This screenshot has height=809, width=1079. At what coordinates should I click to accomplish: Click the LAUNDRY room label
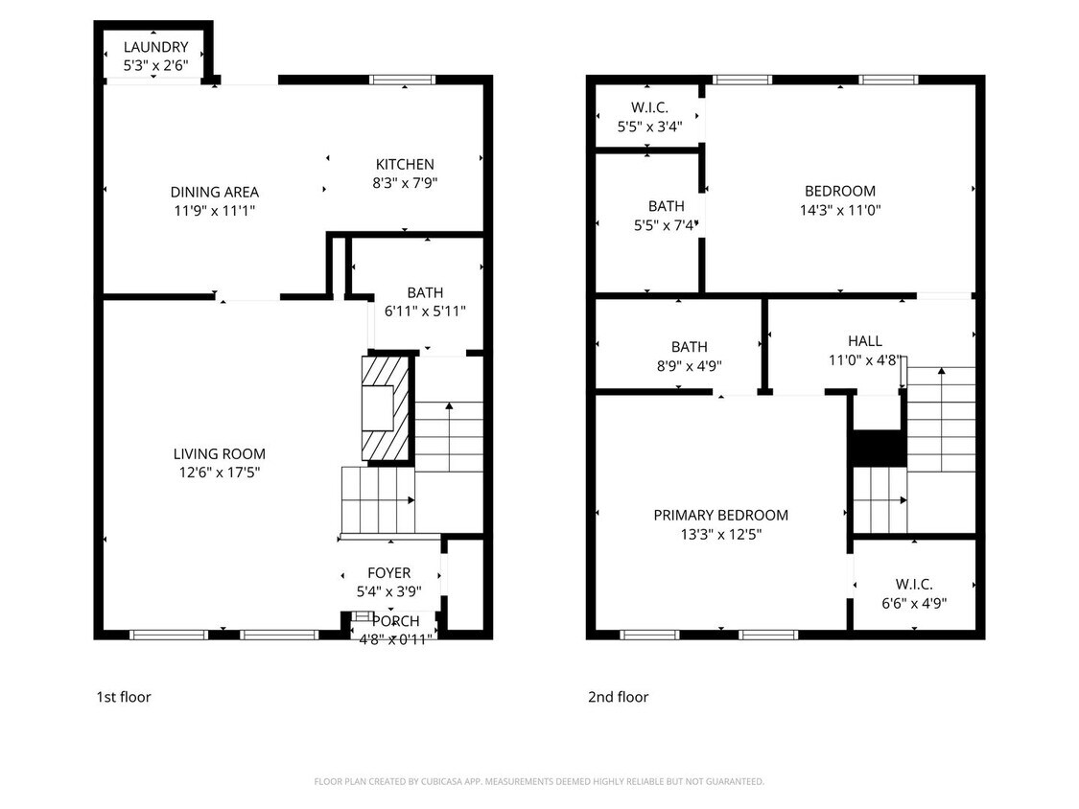click(155, 47)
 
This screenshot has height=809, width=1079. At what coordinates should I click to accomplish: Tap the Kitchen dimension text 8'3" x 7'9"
click(405, 182)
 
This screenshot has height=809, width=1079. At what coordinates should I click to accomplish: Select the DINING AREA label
click(214, 192)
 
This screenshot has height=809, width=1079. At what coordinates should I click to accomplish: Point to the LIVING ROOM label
click(219, 453)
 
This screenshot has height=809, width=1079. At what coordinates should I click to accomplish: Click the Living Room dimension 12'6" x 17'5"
click(219, 472)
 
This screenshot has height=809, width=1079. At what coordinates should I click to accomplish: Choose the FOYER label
click(388, 573)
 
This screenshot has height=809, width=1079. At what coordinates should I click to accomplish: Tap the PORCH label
click(395, 621)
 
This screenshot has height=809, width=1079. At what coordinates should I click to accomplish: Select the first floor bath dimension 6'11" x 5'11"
click(425, 311)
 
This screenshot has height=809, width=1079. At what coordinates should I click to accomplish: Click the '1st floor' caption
click(123, 697)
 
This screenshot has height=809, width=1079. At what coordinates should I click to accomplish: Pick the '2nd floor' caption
click(618, 697)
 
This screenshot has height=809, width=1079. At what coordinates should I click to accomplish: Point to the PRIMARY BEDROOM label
click(720, 515)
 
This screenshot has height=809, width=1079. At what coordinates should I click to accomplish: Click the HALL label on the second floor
click(864, 340)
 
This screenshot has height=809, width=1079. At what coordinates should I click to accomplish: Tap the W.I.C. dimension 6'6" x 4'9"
click(913, 603)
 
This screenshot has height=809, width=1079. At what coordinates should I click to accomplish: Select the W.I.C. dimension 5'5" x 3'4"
click(649, 126)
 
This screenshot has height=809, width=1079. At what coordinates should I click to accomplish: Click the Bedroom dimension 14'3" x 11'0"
click(839, 209)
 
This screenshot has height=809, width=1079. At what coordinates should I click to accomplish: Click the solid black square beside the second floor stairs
click(878, 448)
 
